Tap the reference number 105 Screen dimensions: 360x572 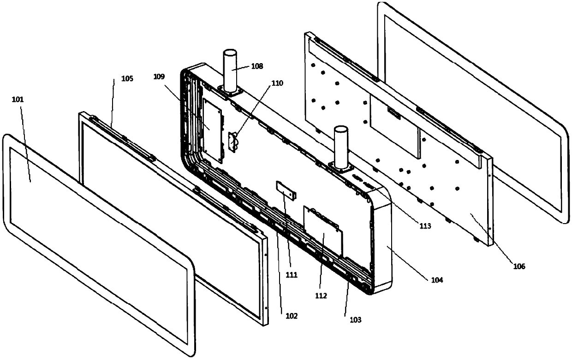pos(127,79)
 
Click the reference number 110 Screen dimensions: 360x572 pos(278,83)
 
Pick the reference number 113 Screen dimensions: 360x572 pos(424,226)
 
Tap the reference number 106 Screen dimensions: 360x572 pos(518,266)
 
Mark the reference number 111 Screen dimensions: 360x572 pos(291,275)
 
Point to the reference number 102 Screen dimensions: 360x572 pos(291,316)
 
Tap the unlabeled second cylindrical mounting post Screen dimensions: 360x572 pos(340,147)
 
